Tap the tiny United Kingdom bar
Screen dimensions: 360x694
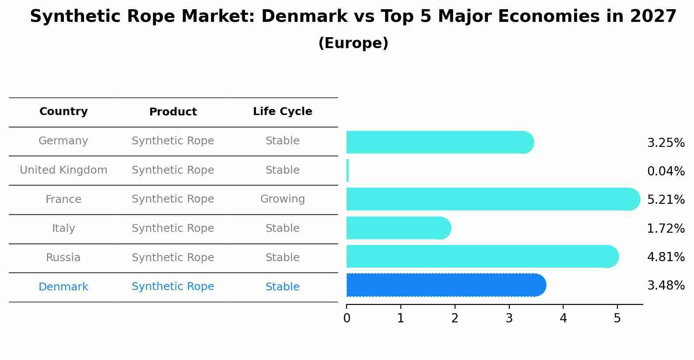pos(347,171)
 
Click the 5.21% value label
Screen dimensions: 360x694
pos(666,200)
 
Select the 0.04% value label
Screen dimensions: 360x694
pos(666,171)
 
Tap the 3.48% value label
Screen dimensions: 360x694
pos(666,286)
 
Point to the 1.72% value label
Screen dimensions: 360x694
pos(666,228)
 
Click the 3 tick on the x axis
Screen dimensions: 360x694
pos(509,318)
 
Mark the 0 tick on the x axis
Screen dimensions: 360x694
pos(347,318)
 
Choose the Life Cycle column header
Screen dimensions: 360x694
pos(282,112)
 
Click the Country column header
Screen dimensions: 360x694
pos(63,112)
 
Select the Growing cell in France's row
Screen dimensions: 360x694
pos(282,199)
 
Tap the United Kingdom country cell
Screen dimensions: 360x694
pos(63,170)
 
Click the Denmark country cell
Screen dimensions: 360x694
pos(63,287)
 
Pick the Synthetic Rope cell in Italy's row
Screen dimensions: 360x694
pos(173,228)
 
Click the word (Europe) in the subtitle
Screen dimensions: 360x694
pos(353,43)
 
